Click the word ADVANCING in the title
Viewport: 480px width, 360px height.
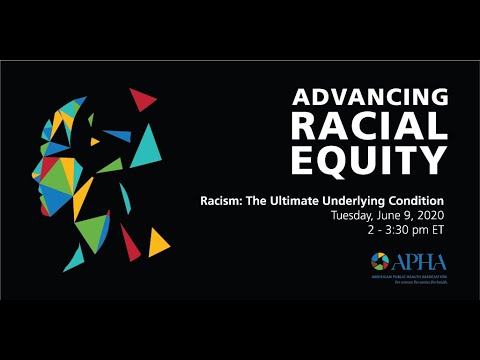pyautogui.click(x=369, y=98)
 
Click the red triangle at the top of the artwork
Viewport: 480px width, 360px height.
pyautogui.click(x=144, y=99)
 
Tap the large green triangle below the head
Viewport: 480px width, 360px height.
pyautogui.click(x=92, y=232)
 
